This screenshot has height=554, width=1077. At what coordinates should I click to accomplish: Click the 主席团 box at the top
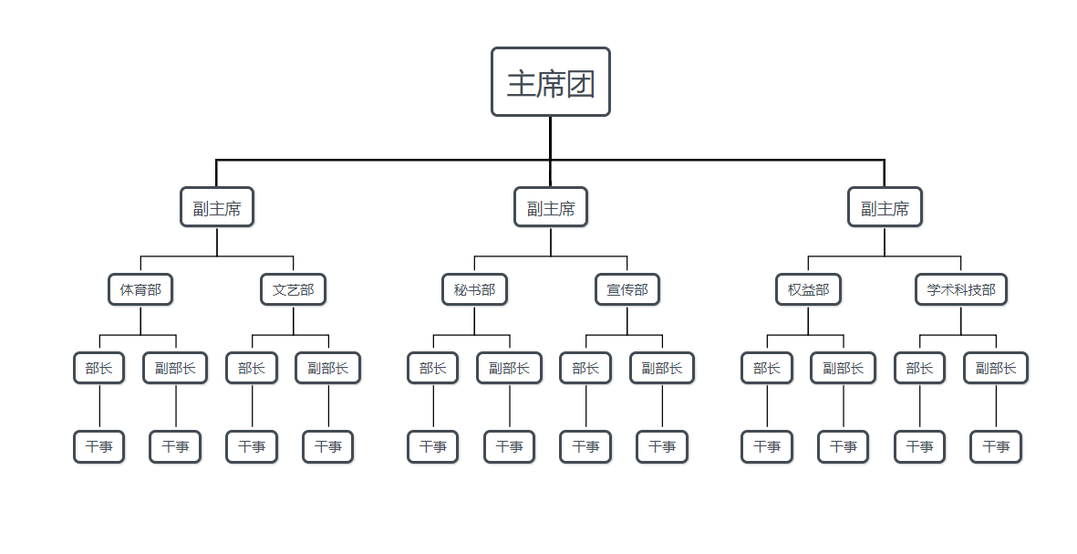550,82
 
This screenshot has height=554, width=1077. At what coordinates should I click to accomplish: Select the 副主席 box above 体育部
217,207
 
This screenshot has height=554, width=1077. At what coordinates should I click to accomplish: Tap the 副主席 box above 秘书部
551,207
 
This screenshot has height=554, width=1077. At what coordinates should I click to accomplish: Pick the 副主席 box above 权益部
885,207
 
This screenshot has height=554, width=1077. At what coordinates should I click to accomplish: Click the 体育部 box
140,290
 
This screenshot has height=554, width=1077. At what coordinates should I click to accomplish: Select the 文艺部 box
293,290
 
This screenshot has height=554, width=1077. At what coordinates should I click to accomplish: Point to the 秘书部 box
474,290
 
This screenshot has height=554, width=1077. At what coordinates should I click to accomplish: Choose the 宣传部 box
627,290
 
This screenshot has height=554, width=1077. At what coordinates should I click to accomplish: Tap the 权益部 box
808,290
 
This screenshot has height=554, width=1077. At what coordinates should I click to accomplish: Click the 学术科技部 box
961,290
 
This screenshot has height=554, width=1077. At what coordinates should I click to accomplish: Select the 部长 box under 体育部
99,368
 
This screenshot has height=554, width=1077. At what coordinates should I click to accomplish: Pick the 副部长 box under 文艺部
328,368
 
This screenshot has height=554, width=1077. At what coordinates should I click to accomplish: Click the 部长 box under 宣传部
585,368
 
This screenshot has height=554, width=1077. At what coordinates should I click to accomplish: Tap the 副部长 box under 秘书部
510,368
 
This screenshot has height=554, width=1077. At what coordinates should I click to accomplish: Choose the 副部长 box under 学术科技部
996,368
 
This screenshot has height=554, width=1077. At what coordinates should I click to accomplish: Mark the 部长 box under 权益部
767,368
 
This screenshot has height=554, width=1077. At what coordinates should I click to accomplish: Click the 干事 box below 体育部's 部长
99,446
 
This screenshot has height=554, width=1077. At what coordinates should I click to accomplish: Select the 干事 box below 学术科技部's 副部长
996,446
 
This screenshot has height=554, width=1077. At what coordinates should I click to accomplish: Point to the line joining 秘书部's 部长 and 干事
433,407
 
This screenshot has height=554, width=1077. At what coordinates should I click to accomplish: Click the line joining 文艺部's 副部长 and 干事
328,407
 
